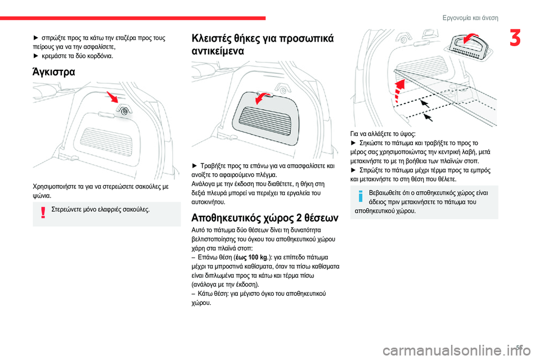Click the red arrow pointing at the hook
click(x=113, y=98)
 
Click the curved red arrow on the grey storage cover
click(x=262, y=98)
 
